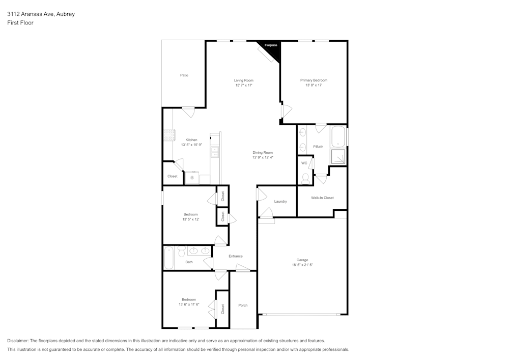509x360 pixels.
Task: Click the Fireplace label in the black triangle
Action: pyautogui.click(x=271, y=45)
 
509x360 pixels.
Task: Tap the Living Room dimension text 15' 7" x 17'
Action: pyautogui.click(x=244, y=86)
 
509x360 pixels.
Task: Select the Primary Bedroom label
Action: pyautogui.click(x=314, y=80)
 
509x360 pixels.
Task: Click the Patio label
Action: pyautogui.click(x=184, y=75)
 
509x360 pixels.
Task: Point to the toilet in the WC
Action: pyautogui.click(x=305, y=179)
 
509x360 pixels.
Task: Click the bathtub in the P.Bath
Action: pyautogui.click(x=338, y=137)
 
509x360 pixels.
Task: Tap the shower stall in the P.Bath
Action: pyautogui.click(x=338, y=157)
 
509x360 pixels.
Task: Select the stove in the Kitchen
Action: pyautogui.click(x=169, y=135)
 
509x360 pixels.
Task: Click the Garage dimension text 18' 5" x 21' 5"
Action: pyautogui.click(x=302, y=265)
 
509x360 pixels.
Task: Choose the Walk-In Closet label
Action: pyautogui.click(x=322, y=198)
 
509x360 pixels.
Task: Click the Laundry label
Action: pyautogui.click(x=280, y=201)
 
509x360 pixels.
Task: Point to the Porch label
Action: pyautogui.click(x=243, y=306)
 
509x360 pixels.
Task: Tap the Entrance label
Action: pyautogui.click(x=236, y=256)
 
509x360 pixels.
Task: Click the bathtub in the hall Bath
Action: pyautogui.click(x=169, y=258)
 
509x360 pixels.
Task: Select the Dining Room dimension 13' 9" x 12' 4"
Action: pyautogui.click(x=263, y=157)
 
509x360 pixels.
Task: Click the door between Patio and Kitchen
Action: pyautogui.click(x=188, y=111)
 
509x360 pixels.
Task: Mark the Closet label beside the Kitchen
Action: pyautogui.click(x=173, y=176)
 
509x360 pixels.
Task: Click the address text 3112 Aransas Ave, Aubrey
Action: pyautogui.click(x=41, y=14)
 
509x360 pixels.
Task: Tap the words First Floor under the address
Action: pyautogui.click(x=20, y=23)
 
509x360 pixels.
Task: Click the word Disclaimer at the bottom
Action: pyautogui.click(x=18, y=341)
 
